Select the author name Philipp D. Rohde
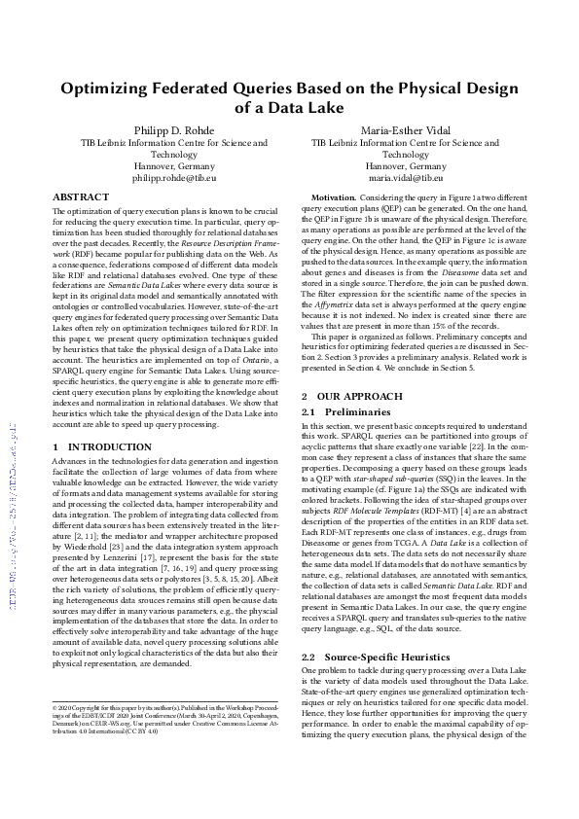(174, 130)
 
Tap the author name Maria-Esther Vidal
(405, 130)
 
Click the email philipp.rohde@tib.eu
(174, 179)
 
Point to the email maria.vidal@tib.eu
(405, 179)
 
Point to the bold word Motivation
(333, 197)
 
